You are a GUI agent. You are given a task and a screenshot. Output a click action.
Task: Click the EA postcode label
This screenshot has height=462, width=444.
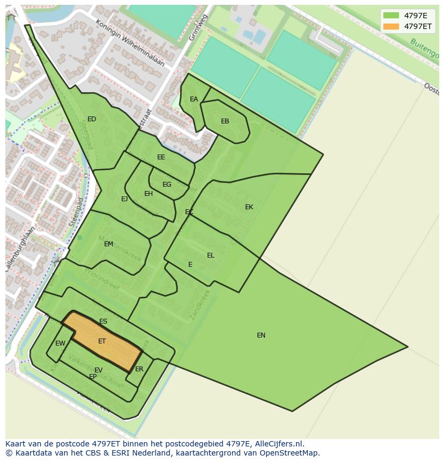pos(194,99)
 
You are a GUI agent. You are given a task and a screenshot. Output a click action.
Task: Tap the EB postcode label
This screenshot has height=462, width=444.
pos(225,121)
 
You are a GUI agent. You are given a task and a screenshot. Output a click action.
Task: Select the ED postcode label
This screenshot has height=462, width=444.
pos(92,119)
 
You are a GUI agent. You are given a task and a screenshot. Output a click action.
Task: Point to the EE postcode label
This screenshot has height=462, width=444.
pos(161,157)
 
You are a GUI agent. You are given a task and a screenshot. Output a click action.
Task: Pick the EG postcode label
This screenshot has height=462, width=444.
pos(167,185)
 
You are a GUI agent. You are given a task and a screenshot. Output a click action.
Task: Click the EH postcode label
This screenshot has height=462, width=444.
pos(149,194)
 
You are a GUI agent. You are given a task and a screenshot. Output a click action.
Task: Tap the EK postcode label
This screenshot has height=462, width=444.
pos(249,207)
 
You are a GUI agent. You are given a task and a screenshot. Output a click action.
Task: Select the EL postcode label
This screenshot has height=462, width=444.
pos(210,255)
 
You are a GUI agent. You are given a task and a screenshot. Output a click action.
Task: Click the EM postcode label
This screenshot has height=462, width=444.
pos(108,244)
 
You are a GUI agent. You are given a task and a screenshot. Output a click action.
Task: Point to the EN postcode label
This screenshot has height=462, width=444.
pos(261,335)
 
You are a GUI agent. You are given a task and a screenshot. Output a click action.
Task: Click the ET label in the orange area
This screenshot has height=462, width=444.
pos(102,341)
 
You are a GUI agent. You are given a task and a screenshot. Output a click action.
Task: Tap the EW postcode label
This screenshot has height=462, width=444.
pos(60,343)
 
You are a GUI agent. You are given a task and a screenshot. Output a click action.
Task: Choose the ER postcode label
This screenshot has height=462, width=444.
pos(139,369)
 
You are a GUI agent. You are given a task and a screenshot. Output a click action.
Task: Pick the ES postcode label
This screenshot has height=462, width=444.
pos(103,322)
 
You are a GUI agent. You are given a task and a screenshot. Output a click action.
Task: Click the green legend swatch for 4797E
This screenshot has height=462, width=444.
pos(391,16)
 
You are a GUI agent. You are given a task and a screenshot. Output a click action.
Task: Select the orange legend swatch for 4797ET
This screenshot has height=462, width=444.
pos(391,26)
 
